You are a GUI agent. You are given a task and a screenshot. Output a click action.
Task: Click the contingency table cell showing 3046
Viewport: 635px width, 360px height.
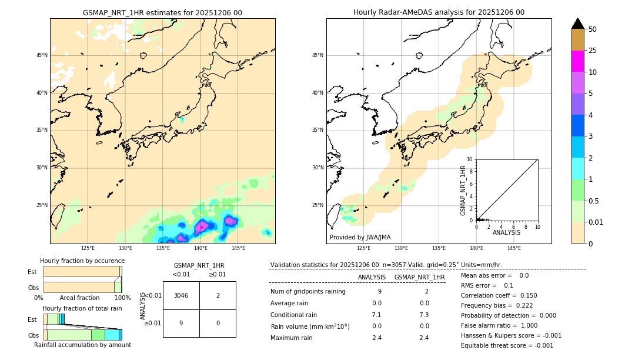(181, 295)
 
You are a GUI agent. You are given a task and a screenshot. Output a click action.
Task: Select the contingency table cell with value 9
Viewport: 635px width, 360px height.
(181, 323)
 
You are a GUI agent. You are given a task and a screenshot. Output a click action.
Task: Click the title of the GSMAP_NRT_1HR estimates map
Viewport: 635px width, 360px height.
(162, 13)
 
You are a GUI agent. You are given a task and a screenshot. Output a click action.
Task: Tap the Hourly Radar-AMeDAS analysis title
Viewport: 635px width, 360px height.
(439, 12)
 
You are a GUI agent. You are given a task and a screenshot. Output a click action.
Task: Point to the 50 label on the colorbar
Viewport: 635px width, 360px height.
(593, 29)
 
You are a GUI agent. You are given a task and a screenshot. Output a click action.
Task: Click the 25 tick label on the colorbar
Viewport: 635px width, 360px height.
(593, 51)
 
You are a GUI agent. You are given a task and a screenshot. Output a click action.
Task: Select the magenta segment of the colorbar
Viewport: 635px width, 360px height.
(577, 61)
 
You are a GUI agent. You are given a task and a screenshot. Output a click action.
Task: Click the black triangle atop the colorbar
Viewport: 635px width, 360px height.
(577, 24)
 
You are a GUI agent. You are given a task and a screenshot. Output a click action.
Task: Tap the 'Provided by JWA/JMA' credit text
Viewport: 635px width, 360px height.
(360, 238)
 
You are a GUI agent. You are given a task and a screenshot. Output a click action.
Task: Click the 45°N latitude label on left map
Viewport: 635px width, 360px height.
(42, 55)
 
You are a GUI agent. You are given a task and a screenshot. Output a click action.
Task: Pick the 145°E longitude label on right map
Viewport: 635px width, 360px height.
(514, 248)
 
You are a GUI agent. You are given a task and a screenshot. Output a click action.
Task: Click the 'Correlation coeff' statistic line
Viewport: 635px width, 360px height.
(499, 296)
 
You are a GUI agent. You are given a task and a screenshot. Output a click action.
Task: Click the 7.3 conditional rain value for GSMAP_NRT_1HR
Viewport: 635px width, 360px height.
(424, 315)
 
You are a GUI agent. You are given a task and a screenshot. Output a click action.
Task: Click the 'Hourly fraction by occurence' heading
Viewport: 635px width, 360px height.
(82, 261)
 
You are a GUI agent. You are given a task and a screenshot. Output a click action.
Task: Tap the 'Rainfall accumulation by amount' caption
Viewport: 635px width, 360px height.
(82, 345)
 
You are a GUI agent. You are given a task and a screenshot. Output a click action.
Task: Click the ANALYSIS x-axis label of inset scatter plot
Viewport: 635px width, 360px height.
(506, 233)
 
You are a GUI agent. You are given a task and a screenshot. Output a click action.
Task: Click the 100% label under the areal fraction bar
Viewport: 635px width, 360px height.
(122, 298)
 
